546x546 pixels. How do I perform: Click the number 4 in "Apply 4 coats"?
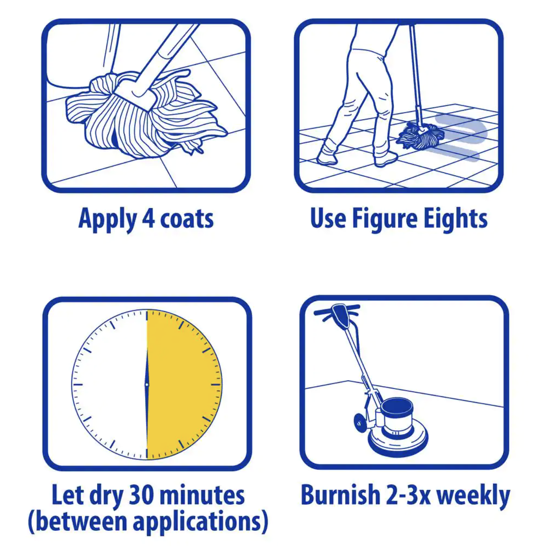(148, 218)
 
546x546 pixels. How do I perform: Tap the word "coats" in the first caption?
(187, 219)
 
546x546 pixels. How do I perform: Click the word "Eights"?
(455, 219)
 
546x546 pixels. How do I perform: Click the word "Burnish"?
(341, 495)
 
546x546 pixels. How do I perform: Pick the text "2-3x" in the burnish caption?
(408, 495)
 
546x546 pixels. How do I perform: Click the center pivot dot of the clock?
(147, 385)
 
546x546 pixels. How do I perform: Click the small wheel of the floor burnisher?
(359, 423)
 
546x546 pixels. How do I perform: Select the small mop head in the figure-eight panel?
(421, 137)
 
